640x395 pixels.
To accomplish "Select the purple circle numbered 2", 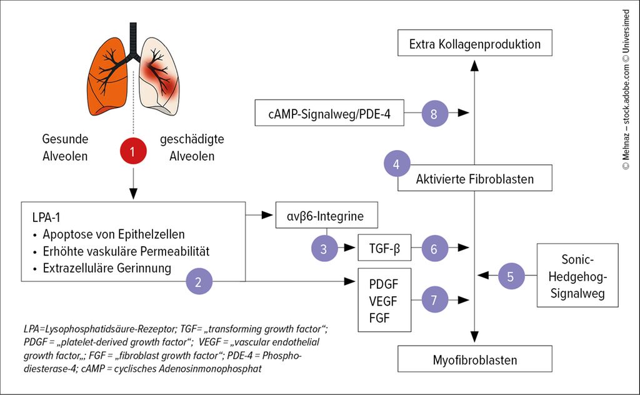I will [x=198, y=282].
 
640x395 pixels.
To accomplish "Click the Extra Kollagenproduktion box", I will [x=474, y=44].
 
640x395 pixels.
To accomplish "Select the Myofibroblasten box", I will [x=475, y=360].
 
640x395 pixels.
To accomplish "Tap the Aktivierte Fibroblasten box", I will [x=475, y=179].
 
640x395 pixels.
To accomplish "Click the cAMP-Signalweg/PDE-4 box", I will [x=329, y=113].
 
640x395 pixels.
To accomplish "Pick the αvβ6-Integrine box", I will [x=327, y=216].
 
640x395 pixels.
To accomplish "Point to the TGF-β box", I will [x=384, y=248].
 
